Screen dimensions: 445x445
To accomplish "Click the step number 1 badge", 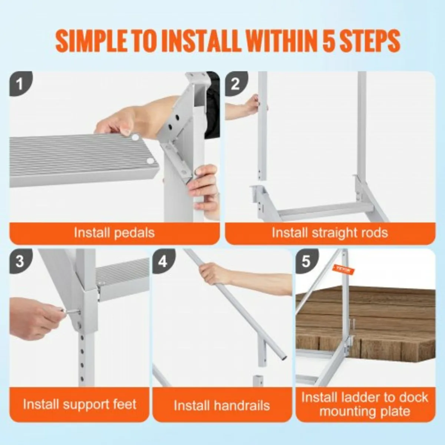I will pos(19,84).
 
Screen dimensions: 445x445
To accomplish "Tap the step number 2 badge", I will pos(235,84).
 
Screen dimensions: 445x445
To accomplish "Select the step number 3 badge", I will pos(19,261).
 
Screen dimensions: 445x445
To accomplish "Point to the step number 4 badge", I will pos(163,261).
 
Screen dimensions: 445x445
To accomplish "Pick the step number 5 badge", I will pos(306,261).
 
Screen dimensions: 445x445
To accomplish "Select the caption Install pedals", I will pos(114,233).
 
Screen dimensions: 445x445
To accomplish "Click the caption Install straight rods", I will pos(330,233).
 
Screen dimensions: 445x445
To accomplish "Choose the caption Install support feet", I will pos(79,404).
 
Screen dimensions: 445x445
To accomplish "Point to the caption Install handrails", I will pos(222,405).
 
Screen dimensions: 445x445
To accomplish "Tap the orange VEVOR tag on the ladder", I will pos(343,270).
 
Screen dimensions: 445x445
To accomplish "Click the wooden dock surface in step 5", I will pos(389,315).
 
